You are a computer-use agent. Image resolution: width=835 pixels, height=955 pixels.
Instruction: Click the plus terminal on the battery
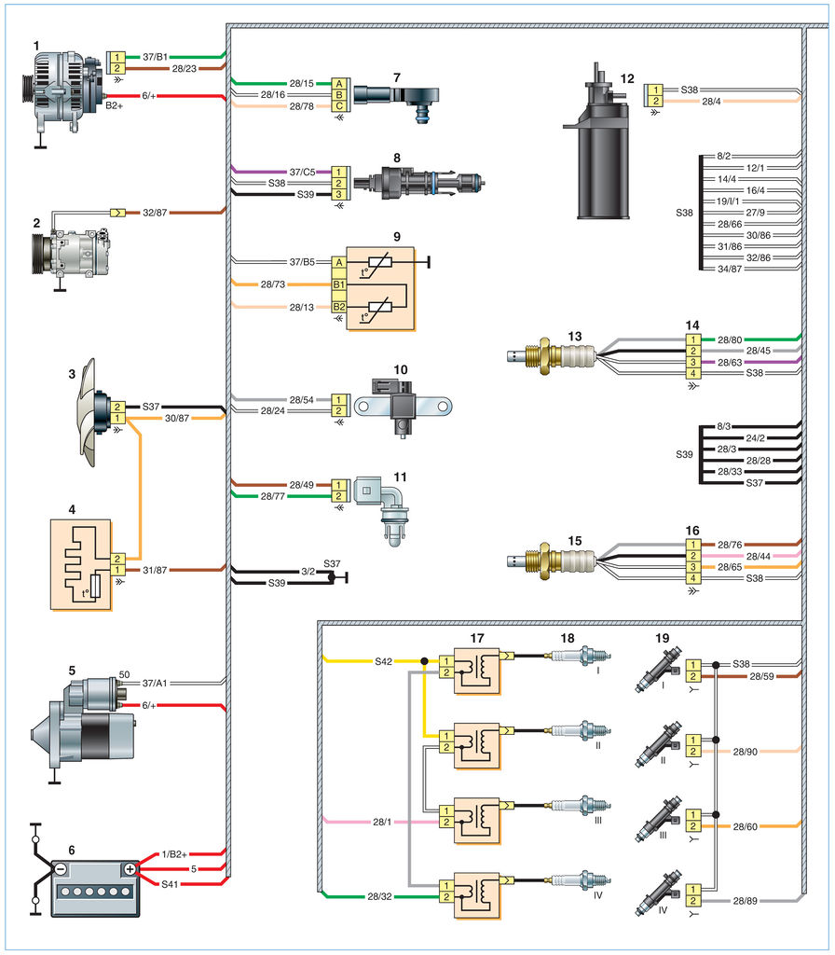(x=130, y=868)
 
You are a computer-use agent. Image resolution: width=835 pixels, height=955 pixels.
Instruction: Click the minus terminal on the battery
(x=59, y=868)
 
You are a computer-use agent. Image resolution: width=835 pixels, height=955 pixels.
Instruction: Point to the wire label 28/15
(x=300, y=83)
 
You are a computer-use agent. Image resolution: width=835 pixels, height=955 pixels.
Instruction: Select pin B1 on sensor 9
(x=339, y=283)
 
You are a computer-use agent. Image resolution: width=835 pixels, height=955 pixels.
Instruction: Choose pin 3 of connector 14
(x=693, y=361)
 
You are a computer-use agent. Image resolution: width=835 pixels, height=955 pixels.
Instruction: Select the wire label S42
(x=383, y=661)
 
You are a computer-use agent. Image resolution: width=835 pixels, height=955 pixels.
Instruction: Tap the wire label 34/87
(x=730, y=269)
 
